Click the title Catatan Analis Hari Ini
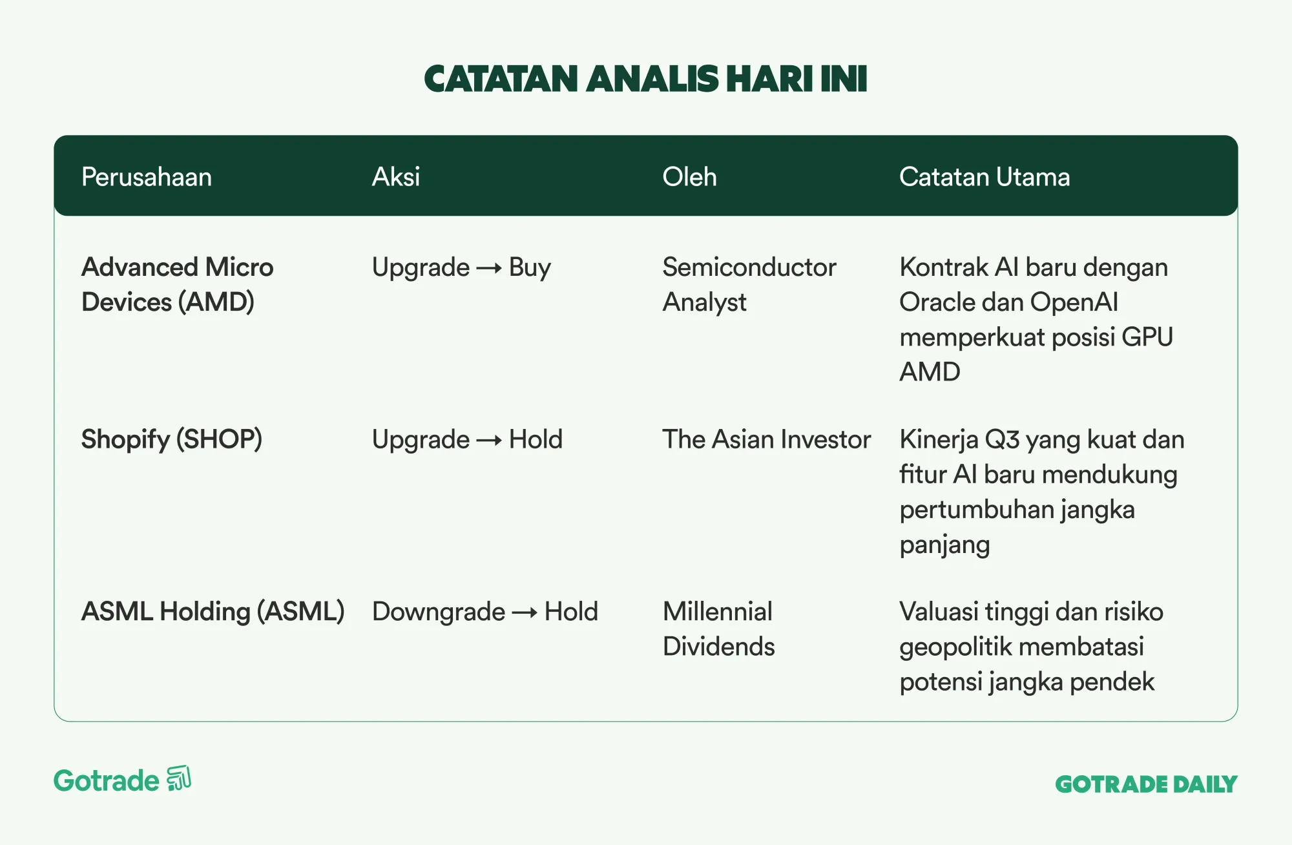point(645,79)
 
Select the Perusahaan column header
point(147,177)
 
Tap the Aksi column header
point(396,177)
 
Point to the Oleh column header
point(689,177)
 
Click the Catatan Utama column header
point(985,177)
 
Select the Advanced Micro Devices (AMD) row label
point(178,284)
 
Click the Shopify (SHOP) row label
point(172,439)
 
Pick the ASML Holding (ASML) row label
point(213,612)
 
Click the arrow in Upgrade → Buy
point(489,268)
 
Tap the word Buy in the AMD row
point(530,268)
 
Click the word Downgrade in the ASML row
point(439,612)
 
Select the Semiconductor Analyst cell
point(749,284)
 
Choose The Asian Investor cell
point(767,439)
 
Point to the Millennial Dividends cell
point(719,629)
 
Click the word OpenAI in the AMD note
point(1074,302)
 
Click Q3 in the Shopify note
point(1002,440)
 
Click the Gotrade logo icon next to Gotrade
point(179,778)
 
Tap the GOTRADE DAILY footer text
point(1147,784)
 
